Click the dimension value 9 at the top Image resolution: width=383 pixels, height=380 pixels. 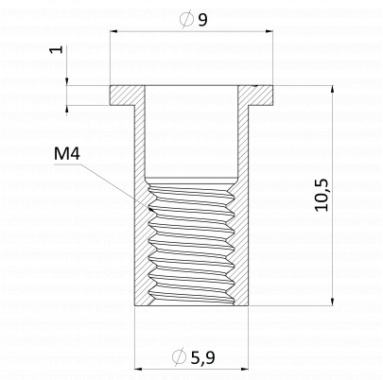tap(203, 20)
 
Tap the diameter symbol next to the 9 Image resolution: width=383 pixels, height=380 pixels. tap(186, 19)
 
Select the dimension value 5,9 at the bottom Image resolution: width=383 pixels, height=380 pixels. tap(202, 357)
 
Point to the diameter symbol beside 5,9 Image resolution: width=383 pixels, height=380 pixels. tap(179, 356)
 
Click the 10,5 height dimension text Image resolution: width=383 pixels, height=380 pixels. tap(322, 195)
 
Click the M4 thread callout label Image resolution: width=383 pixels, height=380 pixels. tap(67, 153)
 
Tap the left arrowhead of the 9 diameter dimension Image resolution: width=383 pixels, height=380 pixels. tap(113, 31)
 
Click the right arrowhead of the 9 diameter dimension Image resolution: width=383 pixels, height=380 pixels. tap(269, 31)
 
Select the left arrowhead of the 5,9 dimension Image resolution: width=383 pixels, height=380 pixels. tap(138, 369)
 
